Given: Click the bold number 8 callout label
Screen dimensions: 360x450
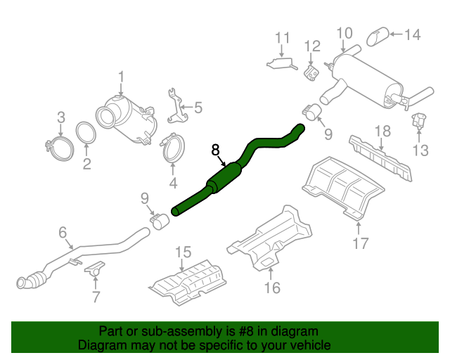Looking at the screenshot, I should point(216,150).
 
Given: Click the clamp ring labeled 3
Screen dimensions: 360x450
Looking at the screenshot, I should point(59,146).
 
